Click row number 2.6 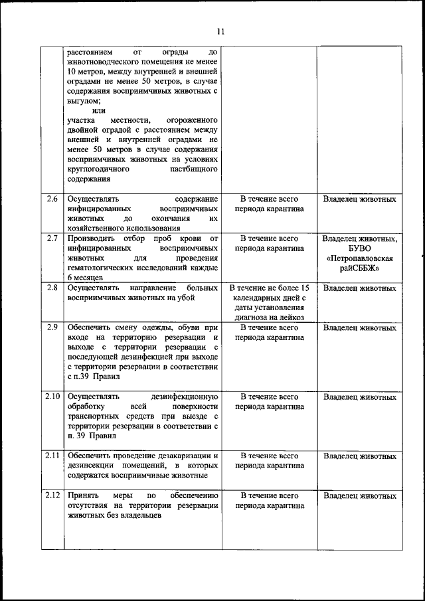52,199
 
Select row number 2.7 52,238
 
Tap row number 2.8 52,288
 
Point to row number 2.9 52,327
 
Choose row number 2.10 52,397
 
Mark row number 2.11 52,456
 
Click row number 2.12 52,496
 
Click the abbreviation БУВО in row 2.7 360,248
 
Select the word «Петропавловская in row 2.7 360,258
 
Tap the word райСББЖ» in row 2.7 360,268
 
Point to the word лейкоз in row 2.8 291,317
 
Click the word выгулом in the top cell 84,100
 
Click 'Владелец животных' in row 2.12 360,496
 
